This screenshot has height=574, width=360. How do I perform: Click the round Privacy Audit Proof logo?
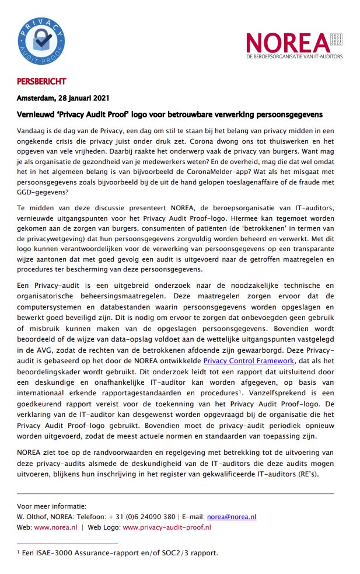(x=43, y=44)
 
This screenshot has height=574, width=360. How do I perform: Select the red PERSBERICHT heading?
(x=40, y=81)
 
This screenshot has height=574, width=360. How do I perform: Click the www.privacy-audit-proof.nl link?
(x=167, y=527)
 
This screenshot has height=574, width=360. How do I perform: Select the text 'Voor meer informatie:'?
(x=51, y=506)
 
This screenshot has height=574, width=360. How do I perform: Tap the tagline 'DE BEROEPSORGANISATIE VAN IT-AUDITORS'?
(x=294, y=56)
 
